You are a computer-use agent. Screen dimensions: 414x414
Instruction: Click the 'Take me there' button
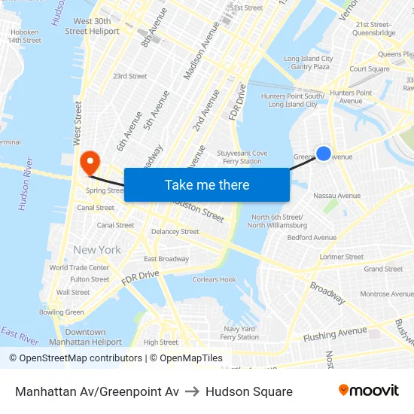pos(206,185)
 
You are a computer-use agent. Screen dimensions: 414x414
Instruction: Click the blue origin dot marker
pos(323,154)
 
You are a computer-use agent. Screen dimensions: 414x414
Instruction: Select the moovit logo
pos(369,391)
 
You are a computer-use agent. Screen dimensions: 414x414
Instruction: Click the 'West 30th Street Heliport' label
pos(92,26)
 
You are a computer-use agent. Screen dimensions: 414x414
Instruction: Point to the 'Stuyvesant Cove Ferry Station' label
pos(242,157)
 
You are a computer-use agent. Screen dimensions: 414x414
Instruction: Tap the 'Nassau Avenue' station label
pos(336,196)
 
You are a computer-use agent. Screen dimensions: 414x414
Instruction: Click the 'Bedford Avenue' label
pos(312,238)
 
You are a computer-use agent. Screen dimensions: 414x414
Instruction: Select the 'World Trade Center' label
pos(79,268)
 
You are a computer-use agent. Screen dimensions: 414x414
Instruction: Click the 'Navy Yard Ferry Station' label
pos(240,333)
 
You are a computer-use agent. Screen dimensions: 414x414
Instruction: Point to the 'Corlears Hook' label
pos(215,280)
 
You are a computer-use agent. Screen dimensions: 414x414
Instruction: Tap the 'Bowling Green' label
pos(62,312)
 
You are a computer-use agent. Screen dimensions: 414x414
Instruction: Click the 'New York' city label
pos(97,250)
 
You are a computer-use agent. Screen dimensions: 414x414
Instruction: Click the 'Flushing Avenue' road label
pos(335,333)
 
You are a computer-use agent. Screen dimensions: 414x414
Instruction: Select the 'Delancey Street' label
pos(175,232)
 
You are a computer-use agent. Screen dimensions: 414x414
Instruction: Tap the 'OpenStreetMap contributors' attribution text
pos(81,358)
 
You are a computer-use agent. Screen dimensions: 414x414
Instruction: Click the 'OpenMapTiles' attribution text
pos(191,358)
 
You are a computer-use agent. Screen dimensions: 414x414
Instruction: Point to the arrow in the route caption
pos(192,391)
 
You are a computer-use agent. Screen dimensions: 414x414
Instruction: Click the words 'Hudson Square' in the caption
pos(248,391)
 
